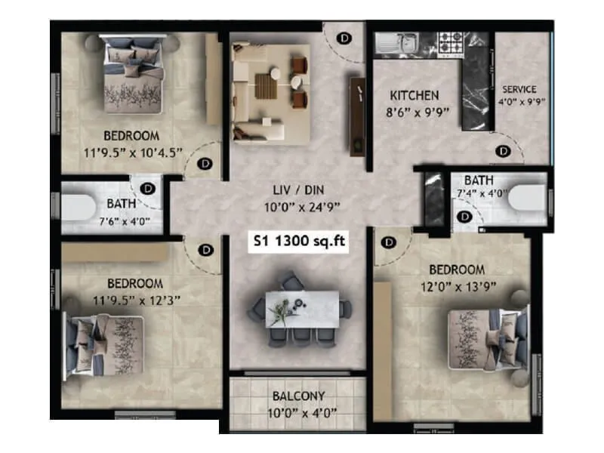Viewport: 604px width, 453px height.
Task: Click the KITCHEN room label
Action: click(414, 96)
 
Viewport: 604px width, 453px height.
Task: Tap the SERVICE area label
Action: click(519, 89)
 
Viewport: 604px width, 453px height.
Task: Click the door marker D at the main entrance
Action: click(344, 36)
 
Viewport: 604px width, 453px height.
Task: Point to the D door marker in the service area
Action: click(502, 151)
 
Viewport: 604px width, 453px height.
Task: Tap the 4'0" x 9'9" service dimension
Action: click(521, 102)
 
